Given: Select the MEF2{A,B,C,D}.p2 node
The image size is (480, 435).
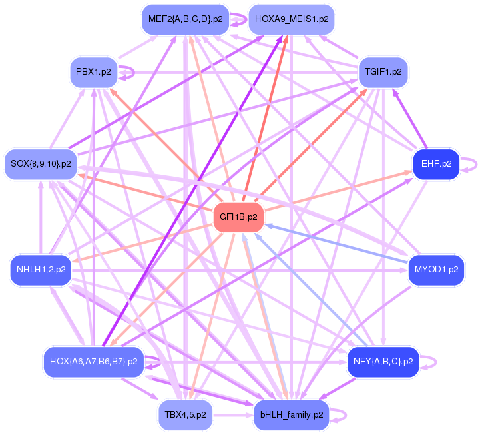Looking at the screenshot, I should pyautogui.click(x=185, y=19).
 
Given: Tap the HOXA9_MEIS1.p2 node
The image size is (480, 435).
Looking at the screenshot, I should pyautogui.click(x=291, y=19).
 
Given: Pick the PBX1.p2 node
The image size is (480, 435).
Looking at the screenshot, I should pyautogui.click(x=93, y=71).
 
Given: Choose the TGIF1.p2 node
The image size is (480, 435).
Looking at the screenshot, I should pyautogui.click(x=383, y=71).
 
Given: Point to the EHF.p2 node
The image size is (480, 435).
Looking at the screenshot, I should pyautogui.click(x=436, y=163).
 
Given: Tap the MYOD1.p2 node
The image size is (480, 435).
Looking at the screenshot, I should pyautogui.click(x=436, y=270).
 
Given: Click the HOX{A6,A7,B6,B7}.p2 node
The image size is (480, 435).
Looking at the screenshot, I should pyautogui.click(x=93, y=362).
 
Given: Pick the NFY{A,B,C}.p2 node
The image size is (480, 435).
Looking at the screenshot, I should pyautogui.click(x=383, y=362).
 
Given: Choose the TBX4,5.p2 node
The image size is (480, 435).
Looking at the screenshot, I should pyautogui.click(x=185, y=414).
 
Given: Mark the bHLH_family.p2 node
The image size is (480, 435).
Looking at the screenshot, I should pyautogui.click(x=291, y=414).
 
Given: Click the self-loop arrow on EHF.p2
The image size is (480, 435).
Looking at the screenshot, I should pyautogui.click(x=471, y=163).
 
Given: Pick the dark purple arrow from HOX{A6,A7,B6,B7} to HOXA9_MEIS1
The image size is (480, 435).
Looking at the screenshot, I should pyautogui.click(x=193, y=187).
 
